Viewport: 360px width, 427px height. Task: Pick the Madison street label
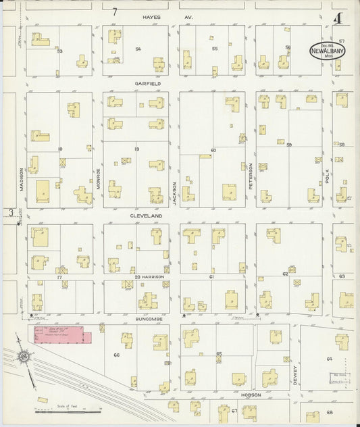pyautogui.click(x=21, y=180)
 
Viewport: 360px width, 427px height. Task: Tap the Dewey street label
pyautogui.click(x=295, y=372)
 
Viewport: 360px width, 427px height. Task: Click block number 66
pyautogui.click(x=116, y=355)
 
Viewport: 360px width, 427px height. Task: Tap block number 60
pyautogui.click(x=213, y=149)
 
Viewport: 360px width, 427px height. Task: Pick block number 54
pyautogui.click(x=138, y=49)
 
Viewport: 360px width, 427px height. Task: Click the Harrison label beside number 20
pyautogui.click(x=154, y=277)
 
